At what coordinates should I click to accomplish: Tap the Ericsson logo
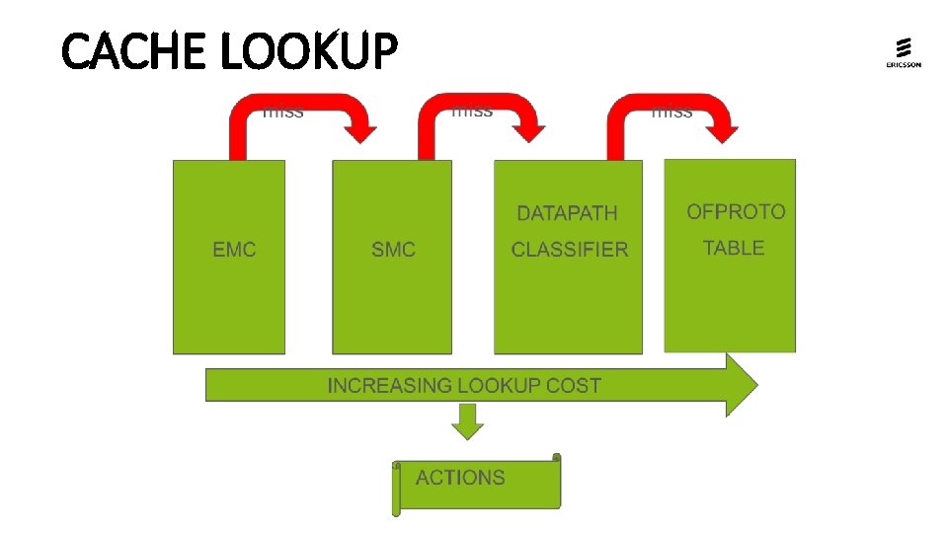click(903, 53)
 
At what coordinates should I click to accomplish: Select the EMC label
click(234, 250)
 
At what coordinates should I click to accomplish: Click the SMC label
click(393, 250)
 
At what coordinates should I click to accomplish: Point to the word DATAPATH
click(567, 213)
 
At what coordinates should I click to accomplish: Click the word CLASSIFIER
click(570, 250)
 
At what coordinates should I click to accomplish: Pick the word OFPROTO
click(736, 211)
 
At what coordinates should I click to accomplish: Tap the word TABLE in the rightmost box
click(734, 248)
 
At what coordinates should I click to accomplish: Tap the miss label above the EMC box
click(283, 112)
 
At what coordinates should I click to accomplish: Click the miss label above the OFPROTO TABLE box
click(672, 112)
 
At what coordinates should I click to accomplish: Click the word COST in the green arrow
click(574, 385)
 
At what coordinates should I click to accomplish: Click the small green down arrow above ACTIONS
click(468, 422)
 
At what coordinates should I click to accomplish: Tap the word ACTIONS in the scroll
click(460, 478)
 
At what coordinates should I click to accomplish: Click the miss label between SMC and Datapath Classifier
click(472, 111)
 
